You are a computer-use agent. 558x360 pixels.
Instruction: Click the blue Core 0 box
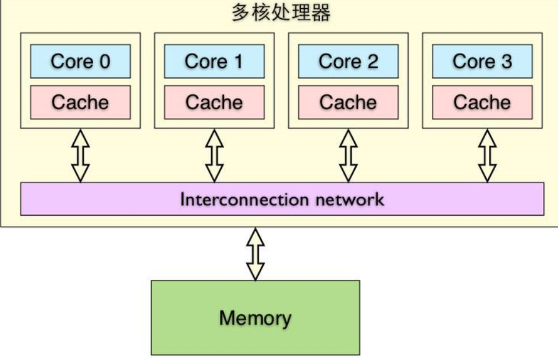tap(80, 61)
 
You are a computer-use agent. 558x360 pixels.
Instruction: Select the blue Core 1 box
tap(214, 61)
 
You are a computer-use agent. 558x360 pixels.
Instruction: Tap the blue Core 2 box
tap(348, 61)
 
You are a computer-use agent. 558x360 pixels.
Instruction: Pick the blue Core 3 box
tap(482, 61)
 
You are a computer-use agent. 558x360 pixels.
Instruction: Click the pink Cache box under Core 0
tap(80, 102)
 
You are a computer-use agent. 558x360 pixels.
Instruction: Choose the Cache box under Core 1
tap(214, 102)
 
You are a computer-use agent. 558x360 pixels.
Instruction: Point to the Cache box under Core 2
tap(348, 102)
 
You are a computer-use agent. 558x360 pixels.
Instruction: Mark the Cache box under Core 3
tap(482, 102)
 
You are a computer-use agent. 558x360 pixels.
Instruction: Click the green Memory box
tap(255, 318)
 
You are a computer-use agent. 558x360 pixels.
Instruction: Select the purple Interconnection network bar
tap(282, 199)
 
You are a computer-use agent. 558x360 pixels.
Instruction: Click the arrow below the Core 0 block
tap(80, 155)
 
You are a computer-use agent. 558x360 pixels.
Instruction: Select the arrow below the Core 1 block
tap(214, 155)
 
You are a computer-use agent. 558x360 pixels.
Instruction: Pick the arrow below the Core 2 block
tap(348, 155)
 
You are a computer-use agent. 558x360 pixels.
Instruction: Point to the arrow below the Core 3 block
tap(488, 155)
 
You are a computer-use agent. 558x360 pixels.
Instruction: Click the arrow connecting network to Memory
tap(255, 254)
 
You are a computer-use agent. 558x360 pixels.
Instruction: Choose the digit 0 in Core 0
tap(104, 61)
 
